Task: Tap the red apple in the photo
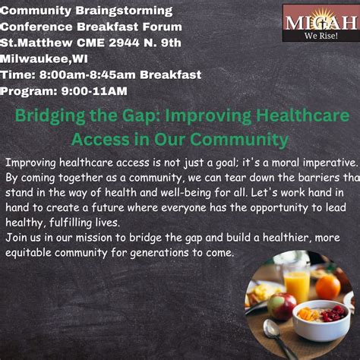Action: (282, 305)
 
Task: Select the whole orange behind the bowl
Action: (327, 286)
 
